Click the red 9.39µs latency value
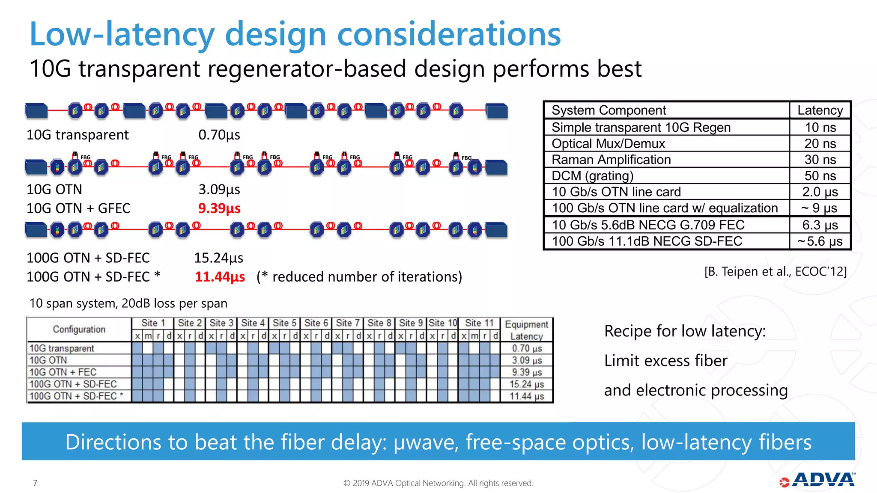pos(219,208)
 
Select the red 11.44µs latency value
pos(220,277)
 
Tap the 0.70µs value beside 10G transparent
pos(219,135)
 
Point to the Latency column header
pos(820,110)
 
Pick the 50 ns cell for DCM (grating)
pos(820,176)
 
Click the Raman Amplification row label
pos(611,160)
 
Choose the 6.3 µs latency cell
pos(820,225)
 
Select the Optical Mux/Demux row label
pos(608,144)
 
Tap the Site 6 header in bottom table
pos(316,323)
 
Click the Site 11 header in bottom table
pos(479,323)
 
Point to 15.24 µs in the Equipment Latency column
pos(526,384)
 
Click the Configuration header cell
pos(79,329)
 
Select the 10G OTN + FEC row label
pos(63,372)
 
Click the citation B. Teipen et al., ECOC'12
pos(775,272)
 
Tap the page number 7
pos(35,483)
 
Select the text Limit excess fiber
pos(665,361)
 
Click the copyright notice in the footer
pos(438,483)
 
